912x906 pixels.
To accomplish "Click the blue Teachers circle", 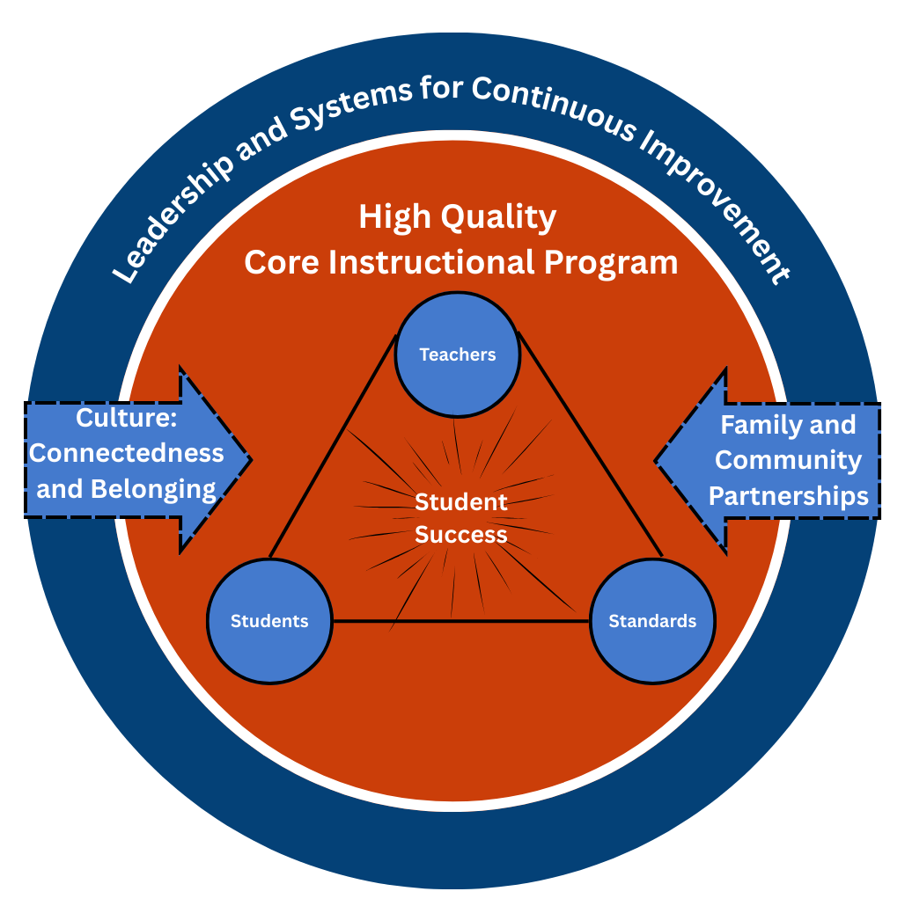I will coord(457,354).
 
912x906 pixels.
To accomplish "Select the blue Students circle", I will coord(269,621).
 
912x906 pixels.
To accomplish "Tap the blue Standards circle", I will coord(652,621).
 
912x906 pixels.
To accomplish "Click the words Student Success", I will coord(461,518).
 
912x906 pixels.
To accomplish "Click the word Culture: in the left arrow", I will coord(127,417).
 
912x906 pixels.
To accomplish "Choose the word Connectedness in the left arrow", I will coord(127,453).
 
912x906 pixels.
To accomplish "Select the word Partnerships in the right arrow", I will coord(789,495).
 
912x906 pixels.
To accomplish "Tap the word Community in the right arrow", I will coord(789,460).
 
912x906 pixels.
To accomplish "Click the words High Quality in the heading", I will coord(457,216).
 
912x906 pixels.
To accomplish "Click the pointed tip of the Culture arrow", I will coord(250,459).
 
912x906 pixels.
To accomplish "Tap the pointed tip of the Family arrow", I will coord(657,459).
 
